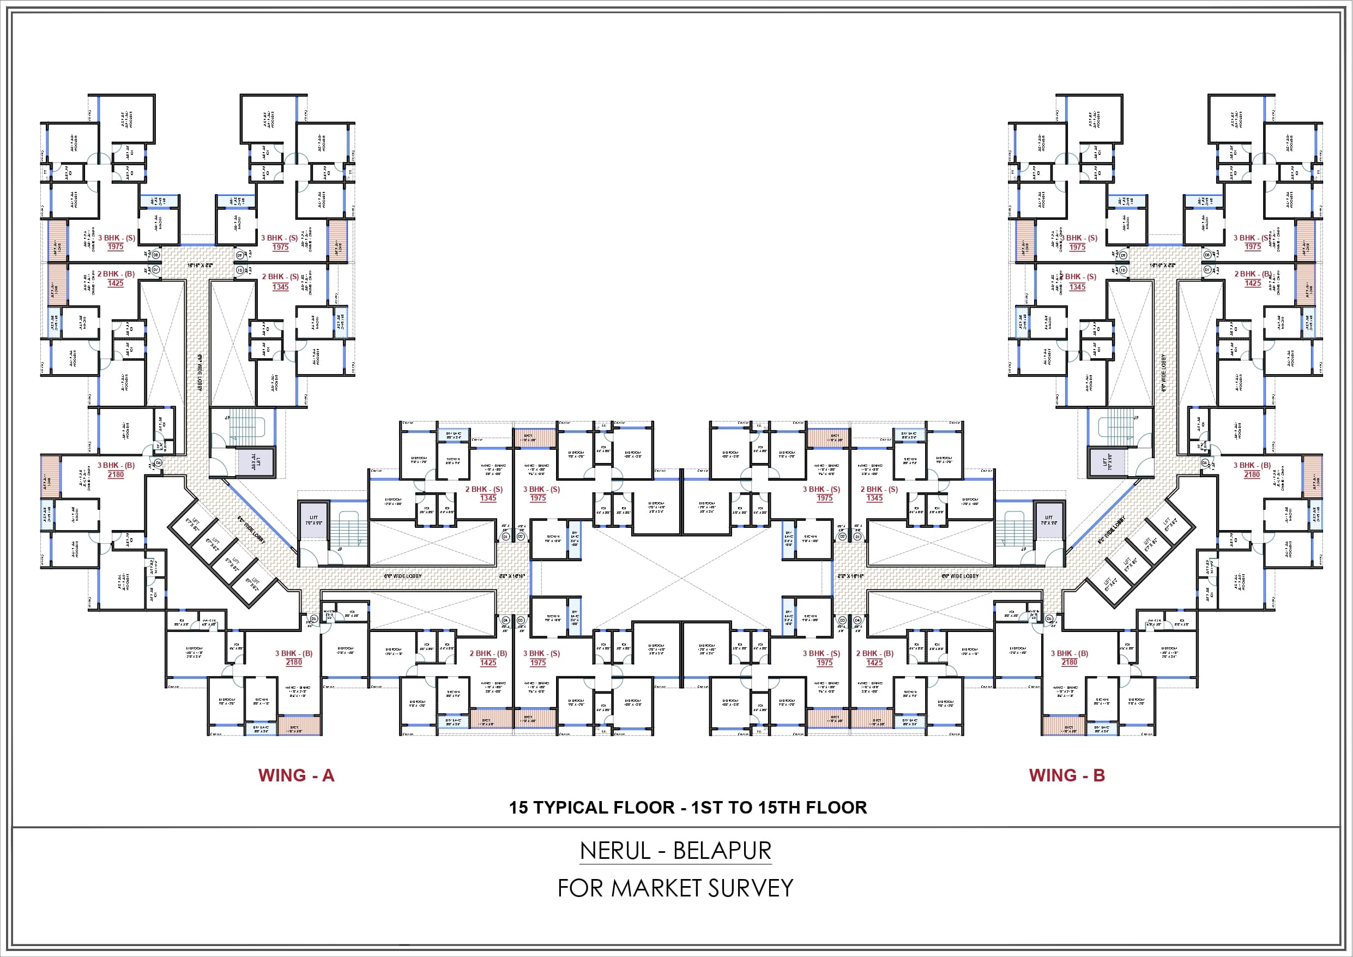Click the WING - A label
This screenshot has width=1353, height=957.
point(296,775)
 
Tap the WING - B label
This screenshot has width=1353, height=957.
point(1067,775)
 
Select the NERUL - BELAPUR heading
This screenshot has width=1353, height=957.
point(675,851)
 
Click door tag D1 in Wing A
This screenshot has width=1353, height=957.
point(505,537)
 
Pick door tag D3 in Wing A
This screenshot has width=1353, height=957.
point(521,621)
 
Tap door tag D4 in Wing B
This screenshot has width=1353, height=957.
point(857,621)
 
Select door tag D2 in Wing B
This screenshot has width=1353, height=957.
point(842,537)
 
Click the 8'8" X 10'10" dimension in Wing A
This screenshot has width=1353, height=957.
point(511,576)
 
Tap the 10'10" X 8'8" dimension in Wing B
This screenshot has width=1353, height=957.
point(1162,266)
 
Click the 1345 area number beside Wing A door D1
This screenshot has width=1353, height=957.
point(488,498)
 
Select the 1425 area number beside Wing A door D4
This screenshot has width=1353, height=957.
point(488,663)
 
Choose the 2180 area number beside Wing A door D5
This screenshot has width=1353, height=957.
point(293,663)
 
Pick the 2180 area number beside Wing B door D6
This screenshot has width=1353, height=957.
point(1069,663)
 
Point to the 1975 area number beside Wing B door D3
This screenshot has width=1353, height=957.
point(824,663)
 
